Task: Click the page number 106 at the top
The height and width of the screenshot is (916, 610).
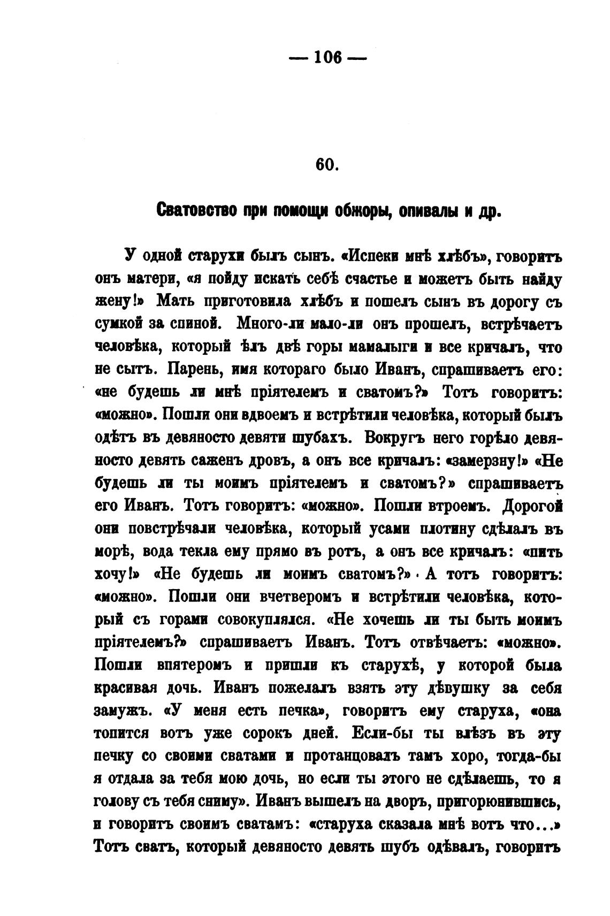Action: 327,57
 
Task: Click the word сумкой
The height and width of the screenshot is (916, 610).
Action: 118,324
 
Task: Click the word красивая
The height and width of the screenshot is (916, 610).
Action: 123,688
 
